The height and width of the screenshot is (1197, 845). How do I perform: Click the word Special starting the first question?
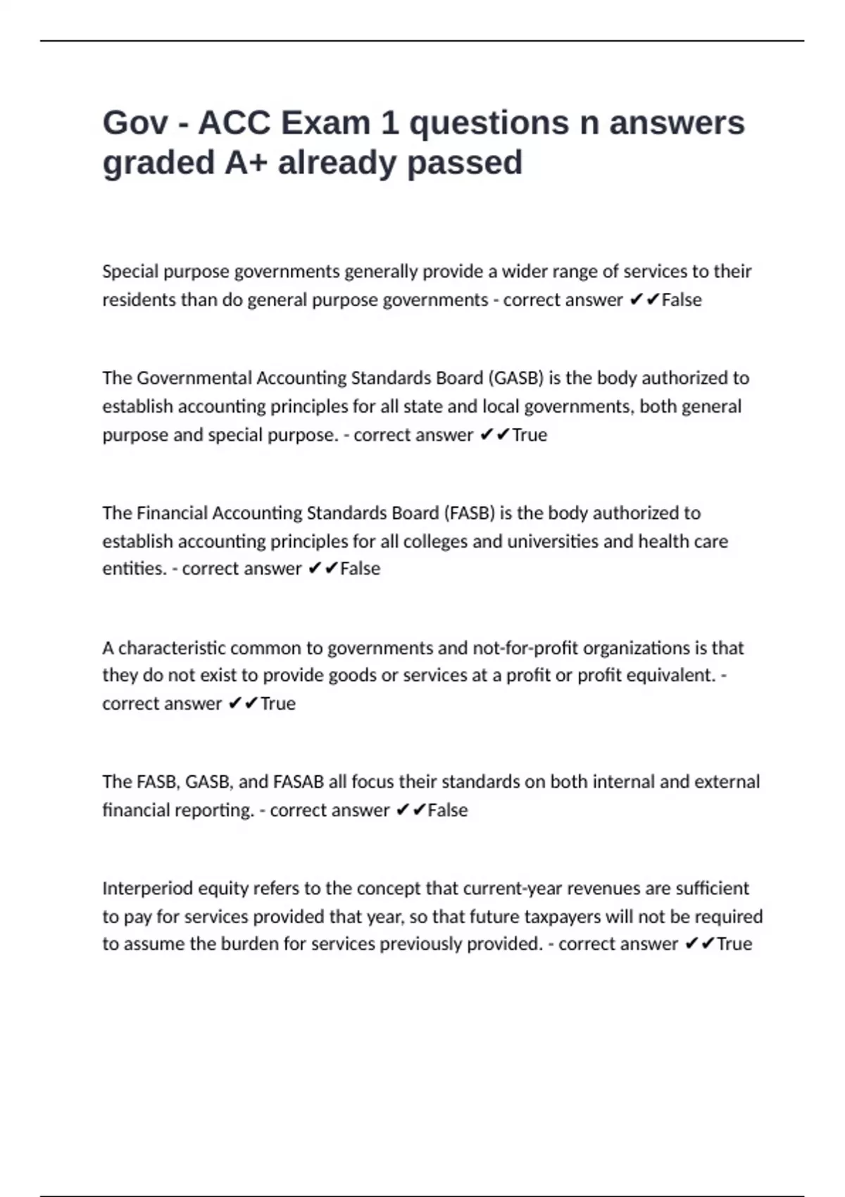pyautogui.click(x=130, y=272)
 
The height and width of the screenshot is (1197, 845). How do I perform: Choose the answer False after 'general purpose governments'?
pyautogui.click(x=682, y=300)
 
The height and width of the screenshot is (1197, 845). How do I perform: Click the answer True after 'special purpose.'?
pyautogui.click(x=530, y=435)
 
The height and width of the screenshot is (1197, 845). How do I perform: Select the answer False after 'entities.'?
pyautogui.click(x=360, y=569)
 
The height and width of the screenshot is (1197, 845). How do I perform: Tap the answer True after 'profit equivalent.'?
pyautogui.click(x=277, y=703)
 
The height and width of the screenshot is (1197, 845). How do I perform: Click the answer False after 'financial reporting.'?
pyautogui.click(x=447, y=810)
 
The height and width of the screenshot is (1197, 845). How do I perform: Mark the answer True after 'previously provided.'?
pyautogui.click(x=734, y=944)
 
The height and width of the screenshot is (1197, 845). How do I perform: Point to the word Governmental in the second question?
pyautogui.click(x=194, y=378)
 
